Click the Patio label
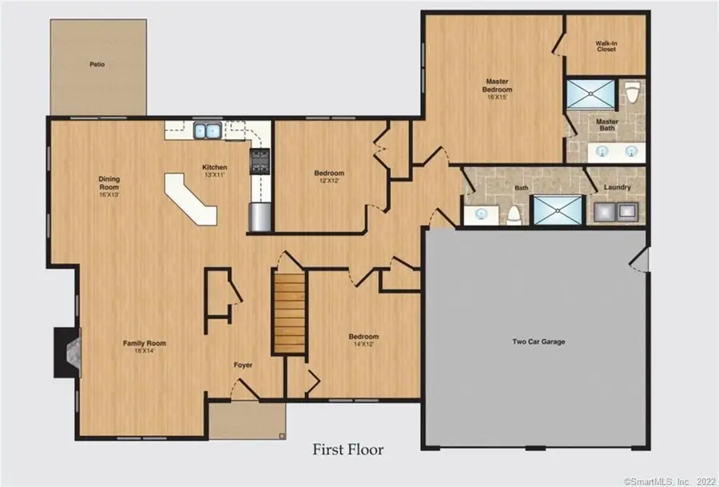(x=97, y=64)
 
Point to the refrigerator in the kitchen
(x=260, y=217)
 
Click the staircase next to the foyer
(x=290, y=312)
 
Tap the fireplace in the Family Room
(x=67, y=352)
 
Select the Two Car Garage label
(x=538, y=341)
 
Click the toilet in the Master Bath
(x=633, y=93)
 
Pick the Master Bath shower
(x=591, y=94)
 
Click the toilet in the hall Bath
(x=514, y=214)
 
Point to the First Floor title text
(x=348, y=449)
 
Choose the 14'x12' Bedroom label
(x=363, y=340)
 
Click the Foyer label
(x=243, y=365)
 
